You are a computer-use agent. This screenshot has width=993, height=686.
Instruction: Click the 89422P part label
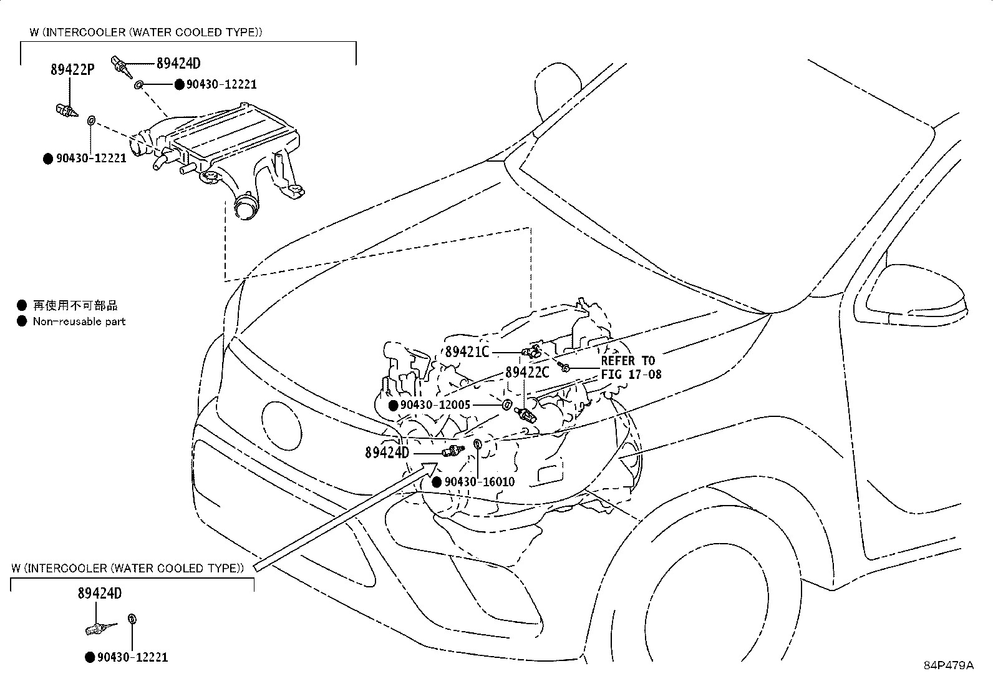coord(72,70)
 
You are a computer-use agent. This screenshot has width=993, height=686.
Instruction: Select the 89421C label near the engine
coord(467,351)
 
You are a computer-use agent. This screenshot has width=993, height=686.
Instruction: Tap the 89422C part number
coord(527,372)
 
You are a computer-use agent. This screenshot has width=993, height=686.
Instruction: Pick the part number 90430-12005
coord(435,405)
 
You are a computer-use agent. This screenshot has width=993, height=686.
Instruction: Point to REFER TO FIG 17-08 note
coord(627,368)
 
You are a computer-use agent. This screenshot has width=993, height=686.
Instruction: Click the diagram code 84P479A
coord(948,665)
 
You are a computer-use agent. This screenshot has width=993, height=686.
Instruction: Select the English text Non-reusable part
coord(79,321)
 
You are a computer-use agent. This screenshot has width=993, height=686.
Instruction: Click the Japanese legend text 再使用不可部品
coord(75,305)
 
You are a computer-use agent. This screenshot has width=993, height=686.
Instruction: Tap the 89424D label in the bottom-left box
coord(100,593)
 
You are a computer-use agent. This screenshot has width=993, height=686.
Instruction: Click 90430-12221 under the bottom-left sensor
coord(133,657)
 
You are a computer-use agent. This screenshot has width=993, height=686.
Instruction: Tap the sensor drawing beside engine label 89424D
coord(452,451)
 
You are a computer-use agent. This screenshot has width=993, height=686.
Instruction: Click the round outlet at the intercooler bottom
coord(246,207)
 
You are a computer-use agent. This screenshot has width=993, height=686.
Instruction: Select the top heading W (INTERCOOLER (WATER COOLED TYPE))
coord(145,32)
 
